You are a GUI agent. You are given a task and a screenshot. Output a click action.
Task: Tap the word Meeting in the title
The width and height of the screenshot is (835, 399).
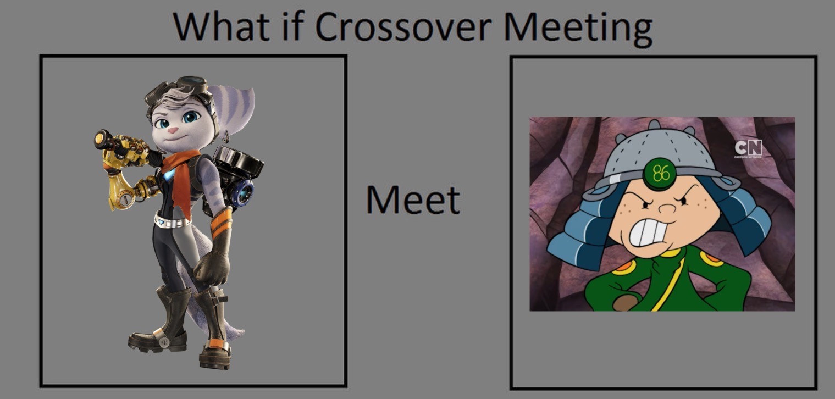click(x=578, y=30)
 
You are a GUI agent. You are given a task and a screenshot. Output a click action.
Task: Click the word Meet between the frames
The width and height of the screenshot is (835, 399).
click(x=413, y=200)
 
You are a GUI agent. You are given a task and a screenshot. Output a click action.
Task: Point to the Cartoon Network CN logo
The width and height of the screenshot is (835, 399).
click(x=748, y=148)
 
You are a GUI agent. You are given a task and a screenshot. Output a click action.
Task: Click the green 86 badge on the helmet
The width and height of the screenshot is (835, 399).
click(x=661, y=174)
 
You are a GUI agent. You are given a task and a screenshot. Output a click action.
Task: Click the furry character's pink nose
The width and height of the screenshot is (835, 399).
click(x=172, y=130)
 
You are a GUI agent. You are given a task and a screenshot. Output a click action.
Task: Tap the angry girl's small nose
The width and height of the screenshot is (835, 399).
click(x=666, y=208)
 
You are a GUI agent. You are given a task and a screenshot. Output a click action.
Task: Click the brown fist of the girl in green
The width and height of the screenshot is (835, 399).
click(x=626, y=302)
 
